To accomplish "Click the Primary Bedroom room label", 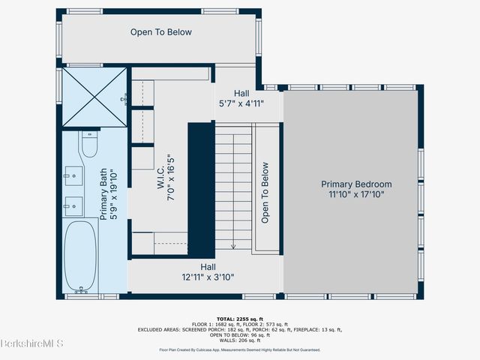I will click(356, 184).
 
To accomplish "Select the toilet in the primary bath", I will click(90, 145).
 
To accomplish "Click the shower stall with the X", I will click(94, 97).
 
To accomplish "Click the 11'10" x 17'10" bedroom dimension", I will click(356, 195).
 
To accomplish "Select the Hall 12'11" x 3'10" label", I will click(208, 271).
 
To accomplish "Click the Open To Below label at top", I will click(161, 32).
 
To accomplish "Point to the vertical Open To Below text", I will click(265, 193).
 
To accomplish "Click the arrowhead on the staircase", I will click(233, 246).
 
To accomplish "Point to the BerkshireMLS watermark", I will click(31, 344).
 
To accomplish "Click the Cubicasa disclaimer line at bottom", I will click(240, 349).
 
